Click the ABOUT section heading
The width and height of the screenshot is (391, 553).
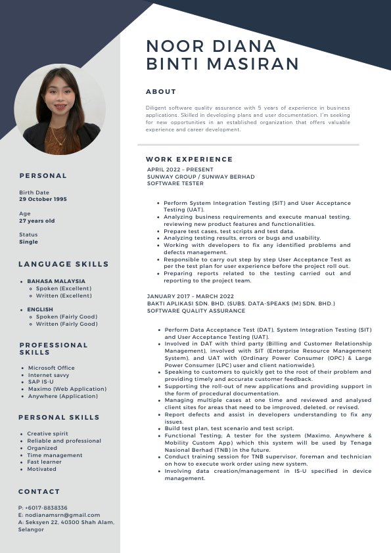[161, 92]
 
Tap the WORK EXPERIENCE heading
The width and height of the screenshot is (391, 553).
[189, 159]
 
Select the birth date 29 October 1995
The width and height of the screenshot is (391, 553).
[43, 199]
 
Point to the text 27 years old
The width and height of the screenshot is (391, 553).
[37, 221]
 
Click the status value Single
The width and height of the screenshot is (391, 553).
[28, 242]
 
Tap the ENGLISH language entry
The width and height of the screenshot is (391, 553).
[40, 309]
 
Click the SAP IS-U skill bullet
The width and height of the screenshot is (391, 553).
[41, 382]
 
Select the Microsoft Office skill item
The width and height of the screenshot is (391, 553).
[51, 368]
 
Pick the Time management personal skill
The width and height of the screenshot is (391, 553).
[55, 455]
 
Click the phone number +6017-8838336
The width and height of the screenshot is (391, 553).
[45, 508]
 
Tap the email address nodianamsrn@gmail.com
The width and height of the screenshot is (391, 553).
[62, 515]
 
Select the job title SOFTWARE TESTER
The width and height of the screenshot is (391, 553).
[175, 184]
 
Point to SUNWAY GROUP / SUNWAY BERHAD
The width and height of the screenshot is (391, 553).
[201, 177]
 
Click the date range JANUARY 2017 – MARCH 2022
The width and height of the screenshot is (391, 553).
[191, 296]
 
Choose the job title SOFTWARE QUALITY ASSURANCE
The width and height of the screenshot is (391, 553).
[196, 311]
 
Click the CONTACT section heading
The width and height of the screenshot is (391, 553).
[39, 491]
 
